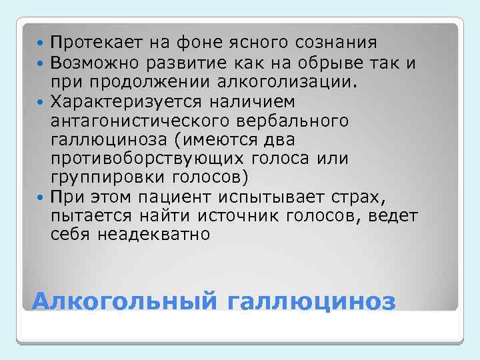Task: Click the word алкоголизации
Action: click(295, 82)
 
